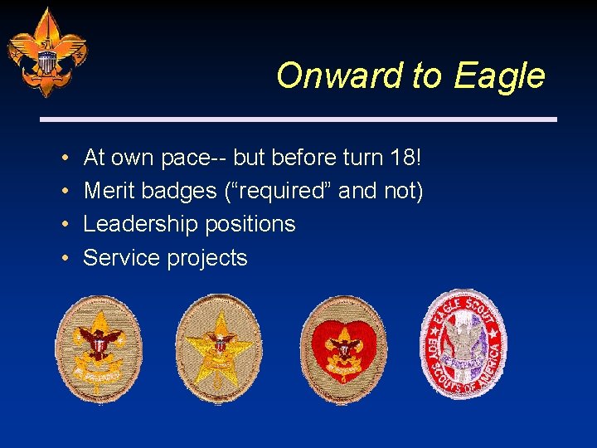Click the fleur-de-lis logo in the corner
(x=46, y=52)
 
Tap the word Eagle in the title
(x=499, y=75)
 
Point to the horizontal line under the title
(x=299, y=119)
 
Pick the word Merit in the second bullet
(x=110, y=191)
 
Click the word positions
(x=256, y=224)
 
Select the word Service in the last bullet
(x=122, y=258)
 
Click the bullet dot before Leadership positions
(x=64, y=225)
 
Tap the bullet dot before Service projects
(x=64, y=259)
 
